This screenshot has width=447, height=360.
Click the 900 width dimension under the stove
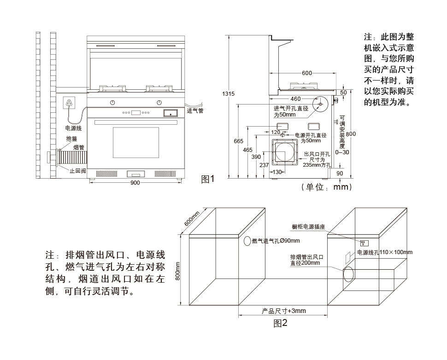[x=135, y=183]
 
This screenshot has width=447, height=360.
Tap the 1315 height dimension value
[x=229, y=93]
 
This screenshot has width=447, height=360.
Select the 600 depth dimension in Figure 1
[x=306, y=73]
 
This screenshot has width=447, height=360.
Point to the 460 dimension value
[x=295, y=99]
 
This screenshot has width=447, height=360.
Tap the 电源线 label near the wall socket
[x=73, y=128]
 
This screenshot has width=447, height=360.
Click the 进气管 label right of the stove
[x=195, y=111]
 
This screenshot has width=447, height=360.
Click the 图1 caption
[x=208, y=179]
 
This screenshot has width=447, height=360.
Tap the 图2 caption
[x=280, y=323]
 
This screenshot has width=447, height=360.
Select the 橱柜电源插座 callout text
[x=308, y=227]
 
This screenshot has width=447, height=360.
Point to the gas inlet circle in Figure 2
[x=247, y=241]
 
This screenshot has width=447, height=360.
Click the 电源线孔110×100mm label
[x=385, y=252]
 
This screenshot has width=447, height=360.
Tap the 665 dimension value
[x=238, y=141]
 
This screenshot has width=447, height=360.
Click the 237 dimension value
[x=264, y=165]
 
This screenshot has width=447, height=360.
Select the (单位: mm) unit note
[x=326, y=187]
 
